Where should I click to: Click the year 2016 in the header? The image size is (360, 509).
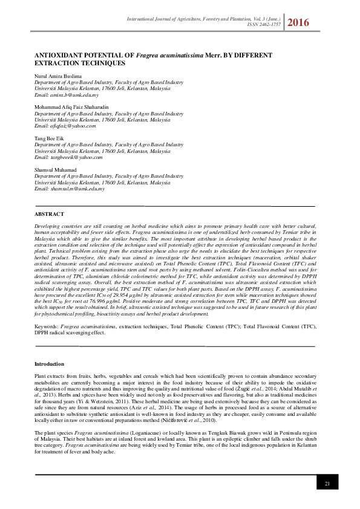[299, 23]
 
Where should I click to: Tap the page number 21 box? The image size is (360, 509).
[327, 484]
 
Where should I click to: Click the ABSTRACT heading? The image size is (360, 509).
[49, 215]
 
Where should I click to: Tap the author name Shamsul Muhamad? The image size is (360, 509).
[56, 170]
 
